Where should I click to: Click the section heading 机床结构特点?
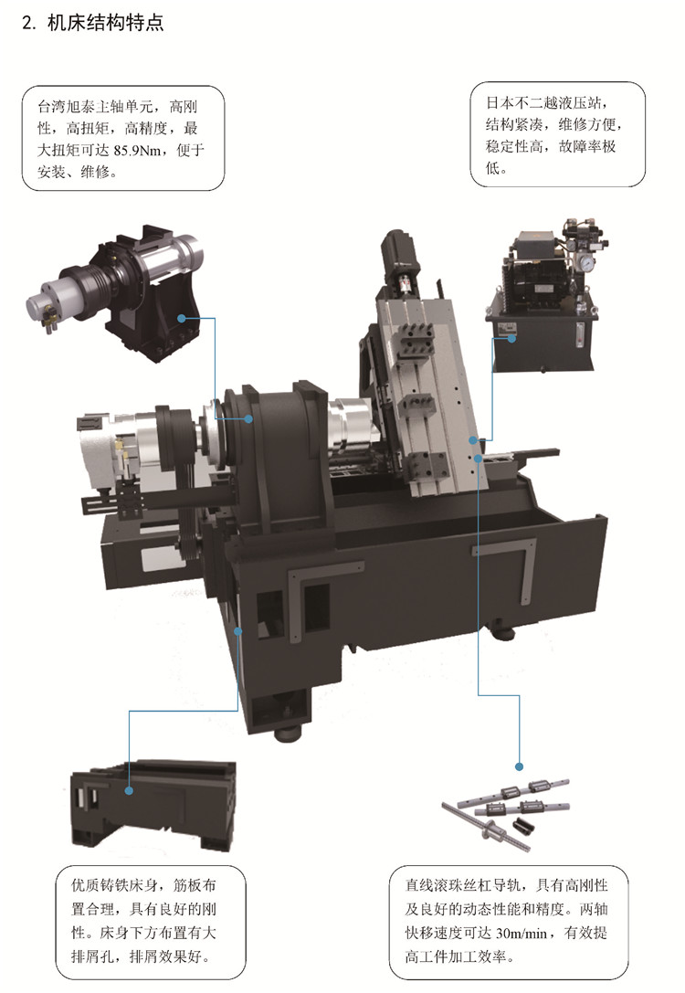coord(106,23)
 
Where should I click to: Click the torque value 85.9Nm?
coord(140,151)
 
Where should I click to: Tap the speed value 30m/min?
coord(522,934)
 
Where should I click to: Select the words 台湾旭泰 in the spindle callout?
coord(66,106)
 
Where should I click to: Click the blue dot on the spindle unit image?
coord(182,318)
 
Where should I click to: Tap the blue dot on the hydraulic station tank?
coord(511,337)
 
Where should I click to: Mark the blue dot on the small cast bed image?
coord(129,790)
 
